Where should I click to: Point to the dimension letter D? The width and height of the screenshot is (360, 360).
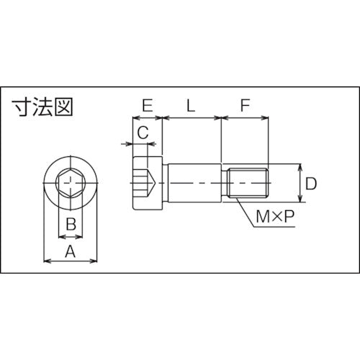(310, 184)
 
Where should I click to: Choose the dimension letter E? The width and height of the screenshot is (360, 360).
(147, 105)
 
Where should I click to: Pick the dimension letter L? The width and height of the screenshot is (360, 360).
(190, 105)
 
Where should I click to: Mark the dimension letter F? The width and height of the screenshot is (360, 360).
(245, 105)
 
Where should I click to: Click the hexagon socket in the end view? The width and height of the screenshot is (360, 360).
(70, 185)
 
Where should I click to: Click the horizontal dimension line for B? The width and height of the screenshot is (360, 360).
(70, 235)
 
